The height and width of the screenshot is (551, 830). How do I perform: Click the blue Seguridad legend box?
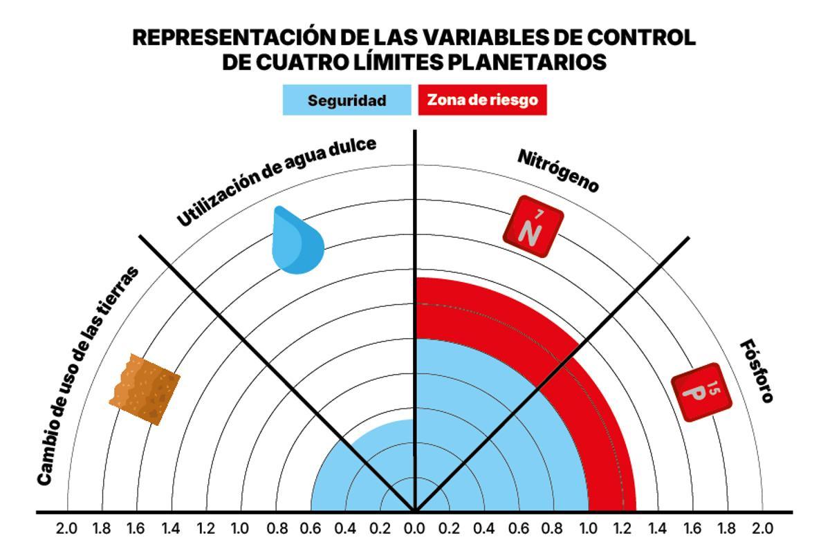point(347,100)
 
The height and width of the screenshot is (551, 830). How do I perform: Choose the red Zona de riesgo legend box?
point(482,100)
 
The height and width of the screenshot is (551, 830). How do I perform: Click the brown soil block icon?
point(145,389)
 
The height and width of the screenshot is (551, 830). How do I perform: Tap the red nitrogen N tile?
point(532,227)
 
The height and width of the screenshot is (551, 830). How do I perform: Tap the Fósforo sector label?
point(757,371)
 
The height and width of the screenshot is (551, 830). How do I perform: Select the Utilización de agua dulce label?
point(277,181)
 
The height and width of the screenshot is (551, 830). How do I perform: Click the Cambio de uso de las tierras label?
point(86,377)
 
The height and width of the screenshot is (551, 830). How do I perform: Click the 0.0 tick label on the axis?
point(414,530)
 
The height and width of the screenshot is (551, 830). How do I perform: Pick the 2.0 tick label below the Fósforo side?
point(762,530)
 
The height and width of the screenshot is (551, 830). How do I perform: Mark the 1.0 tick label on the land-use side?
point(240,530)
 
